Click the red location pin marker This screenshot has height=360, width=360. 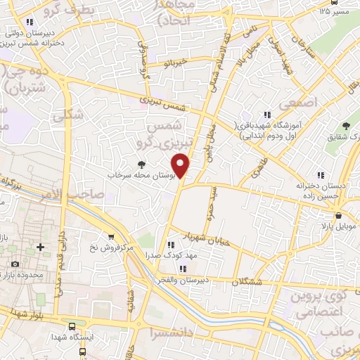coord(181,167)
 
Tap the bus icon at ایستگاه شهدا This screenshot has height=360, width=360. coord(72,326)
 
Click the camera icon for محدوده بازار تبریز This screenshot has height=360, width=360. coord(15,264)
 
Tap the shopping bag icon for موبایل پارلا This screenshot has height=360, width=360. coord(339,216)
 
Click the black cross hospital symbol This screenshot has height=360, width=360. coord(41,247)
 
